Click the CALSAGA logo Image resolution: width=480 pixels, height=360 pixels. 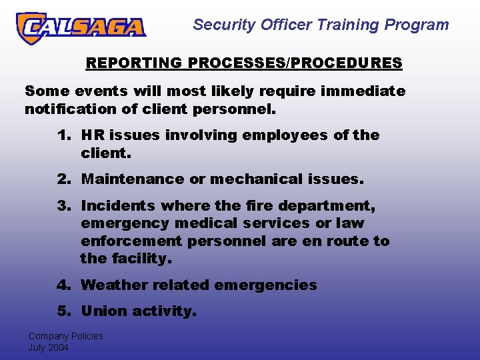click(x=81, y=27)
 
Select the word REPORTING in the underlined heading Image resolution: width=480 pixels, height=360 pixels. click(x=134, y=63)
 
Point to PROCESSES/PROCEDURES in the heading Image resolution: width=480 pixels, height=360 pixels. click(x=295, y=63)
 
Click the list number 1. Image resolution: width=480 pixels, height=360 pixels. click(x=64, y=135)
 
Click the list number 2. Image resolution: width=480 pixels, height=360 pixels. click(x=64, y=179)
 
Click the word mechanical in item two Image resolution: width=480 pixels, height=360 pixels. click(x=257, y=179)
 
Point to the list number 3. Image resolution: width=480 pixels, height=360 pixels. click(x=64, y=206)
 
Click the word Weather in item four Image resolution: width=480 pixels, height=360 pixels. click(x=114, y=285)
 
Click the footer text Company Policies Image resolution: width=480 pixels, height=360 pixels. click(x=65, y=336)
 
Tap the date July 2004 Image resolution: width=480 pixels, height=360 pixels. click(x=48, y=347)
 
